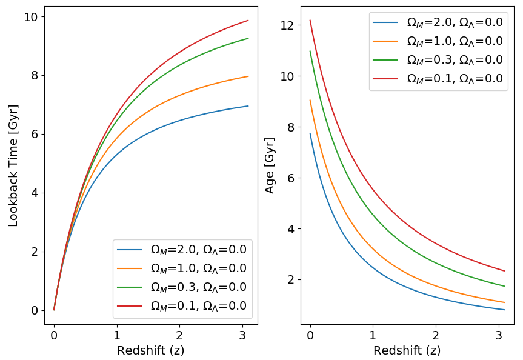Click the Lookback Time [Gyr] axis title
tap(13, 165)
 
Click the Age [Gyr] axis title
tap(270, 165)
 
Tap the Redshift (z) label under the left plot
tap(150, 350)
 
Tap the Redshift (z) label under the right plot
tap(407, 350)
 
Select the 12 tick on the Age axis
tap(287, 25)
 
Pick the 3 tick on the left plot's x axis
tap(242, 335)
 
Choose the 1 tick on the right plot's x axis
tap(373, 335)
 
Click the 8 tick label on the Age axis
tap(291, 127)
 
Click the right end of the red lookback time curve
tap(248, 21)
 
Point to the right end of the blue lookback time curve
tap(248, 106)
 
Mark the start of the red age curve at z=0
tap(310, 20)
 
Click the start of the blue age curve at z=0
tap(310, 133)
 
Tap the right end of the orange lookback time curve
tap(248, 76)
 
